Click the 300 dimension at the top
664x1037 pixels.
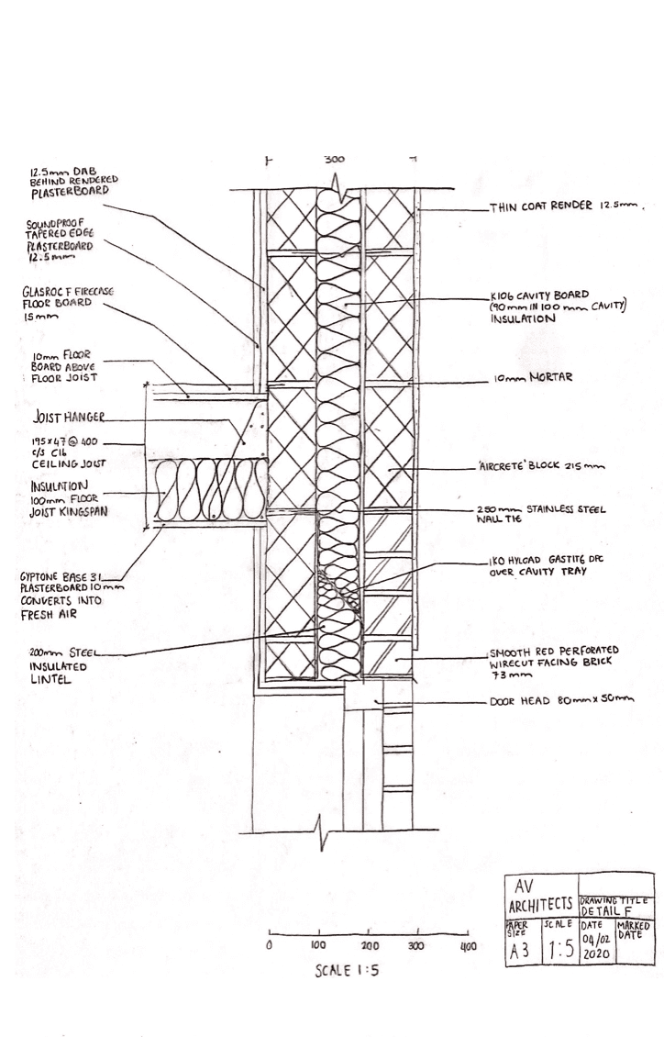point(334,159)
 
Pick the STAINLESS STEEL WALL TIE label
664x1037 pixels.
point(549,512)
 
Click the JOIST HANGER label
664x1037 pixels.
point(68,418)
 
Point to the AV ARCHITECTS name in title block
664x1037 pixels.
point(539,896)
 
